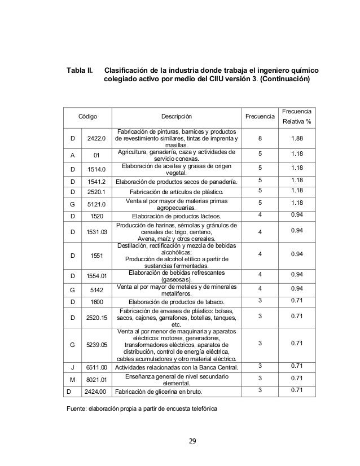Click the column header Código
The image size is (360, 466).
click(x=87, y=117)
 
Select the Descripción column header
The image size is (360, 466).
click(x=175, y=117)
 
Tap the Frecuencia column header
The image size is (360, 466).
click(x=260, y=117)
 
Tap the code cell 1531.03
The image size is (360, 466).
click(x=95, y=231)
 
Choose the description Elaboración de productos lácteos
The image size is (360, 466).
click(x=175, y=215)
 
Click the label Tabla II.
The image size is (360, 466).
click(x=80, y=70)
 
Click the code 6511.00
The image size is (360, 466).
click(x=95, y=367)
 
